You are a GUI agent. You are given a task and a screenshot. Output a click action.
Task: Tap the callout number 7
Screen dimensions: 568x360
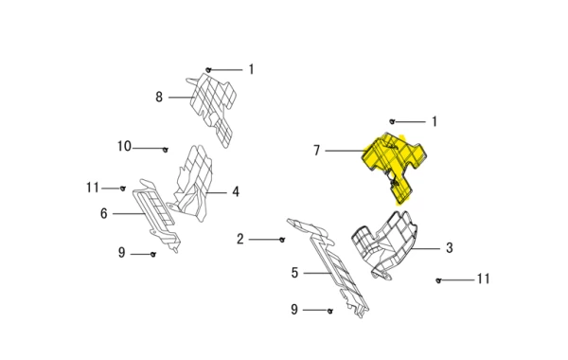click(317, 150)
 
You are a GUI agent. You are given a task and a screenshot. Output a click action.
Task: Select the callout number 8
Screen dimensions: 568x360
click(159, 98)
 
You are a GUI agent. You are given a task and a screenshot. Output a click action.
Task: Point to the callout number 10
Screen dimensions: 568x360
click(124, 146)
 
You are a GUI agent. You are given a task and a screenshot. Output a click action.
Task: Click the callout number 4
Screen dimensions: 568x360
click(236, 191)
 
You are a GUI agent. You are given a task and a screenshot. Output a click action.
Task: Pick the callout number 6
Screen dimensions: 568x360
click(104, 213)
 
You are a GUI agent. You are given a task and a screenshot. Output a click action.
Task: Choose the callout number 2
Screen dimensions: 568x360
click(240, 239)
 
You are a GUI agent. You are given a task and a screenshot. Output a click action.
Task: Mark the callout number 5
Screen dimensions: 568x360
click(294, 273)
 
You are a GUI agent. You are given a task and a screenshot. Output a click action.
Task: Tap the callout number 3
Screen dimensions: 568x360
click(450, 248)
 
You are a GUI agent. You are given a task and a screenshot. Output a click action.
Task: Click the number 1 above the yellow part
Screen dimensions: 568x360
click(435, 121)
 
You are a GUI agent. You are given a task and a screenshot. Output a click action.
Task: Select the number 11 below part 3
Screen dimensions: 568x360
click(484, 279)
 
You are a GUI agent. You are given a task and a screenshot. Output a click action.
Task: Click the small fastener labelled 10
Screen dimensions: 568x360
click(165, 150)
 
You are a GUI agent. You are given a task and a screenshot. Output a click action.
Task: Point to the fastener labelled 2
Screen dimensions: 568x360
click(282, 240)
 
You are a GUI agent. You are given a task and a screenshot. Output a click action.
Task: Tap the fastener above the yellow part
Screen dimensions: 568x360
click(392, 122)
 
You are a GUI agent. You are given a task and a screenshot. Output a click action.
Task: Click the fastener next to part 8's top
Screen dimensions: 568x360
click(208, 69)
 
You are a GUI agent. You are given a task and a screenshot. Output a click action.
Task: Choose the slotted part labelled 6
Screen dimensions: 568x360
click(156, 214)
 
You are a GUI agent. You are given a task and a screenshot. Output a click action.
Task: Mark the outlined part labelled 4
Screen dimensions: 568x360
click(194, 185)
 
